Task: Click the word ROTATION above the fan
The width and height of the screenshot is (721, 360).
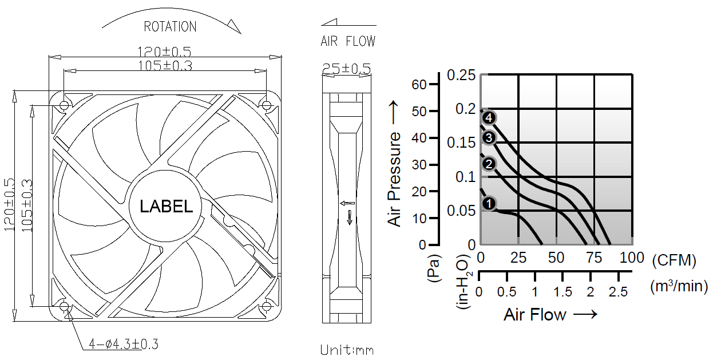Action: pos(170,26)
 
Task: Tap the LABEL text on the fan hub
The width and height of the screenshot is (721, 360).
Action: pos(166,206)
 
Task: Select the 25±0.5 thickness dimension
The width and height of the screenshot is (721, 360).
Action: pos(347,69)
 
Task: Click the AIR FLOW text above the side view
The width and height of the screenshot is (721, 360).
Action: pos(348,41)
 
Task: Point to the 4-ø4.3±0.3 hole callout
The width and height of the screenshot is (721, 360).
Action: pos(124,344)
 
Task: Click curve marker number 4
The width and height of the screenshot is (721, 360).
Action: pos(489,117)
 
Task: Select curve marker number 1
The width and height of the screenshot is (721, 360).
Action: pos(489,204)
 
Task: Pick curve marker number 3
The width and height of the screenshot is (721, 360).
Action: pos(489,137)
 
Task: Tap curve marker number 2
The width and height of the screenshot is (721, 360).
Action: pos(489,164)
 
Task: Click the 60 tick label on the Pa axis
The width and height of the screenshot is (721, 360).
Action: pos(419,85)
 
